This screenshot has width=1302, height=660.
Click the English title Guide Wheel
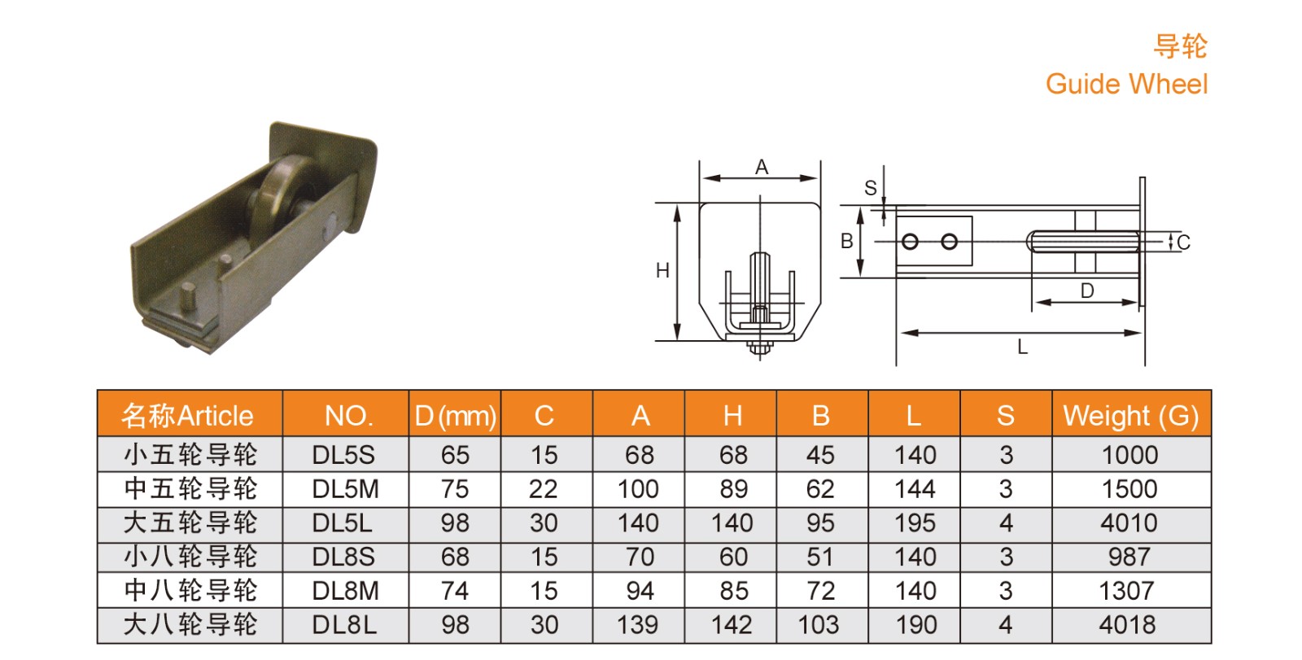(1126, 85)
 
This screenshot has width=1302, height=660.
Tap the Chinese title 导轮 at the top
(1181, 46)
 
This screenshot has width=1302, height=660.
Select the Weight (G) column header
(1130, 417)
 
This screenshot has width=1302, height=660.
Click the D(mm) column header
(455, 417)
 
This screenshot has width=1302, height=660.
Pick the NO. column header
(349, 417)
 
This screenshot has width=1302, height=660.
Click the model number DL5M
(345, 489)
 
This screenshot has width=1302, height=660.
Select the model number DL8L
(344, 625)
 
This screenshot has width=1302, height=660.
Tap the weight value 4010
(1129, 522)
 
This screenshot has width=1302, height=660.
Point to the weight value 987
(1129, 557)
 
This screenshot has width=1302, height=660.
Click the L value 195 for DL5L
(915, 522)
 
